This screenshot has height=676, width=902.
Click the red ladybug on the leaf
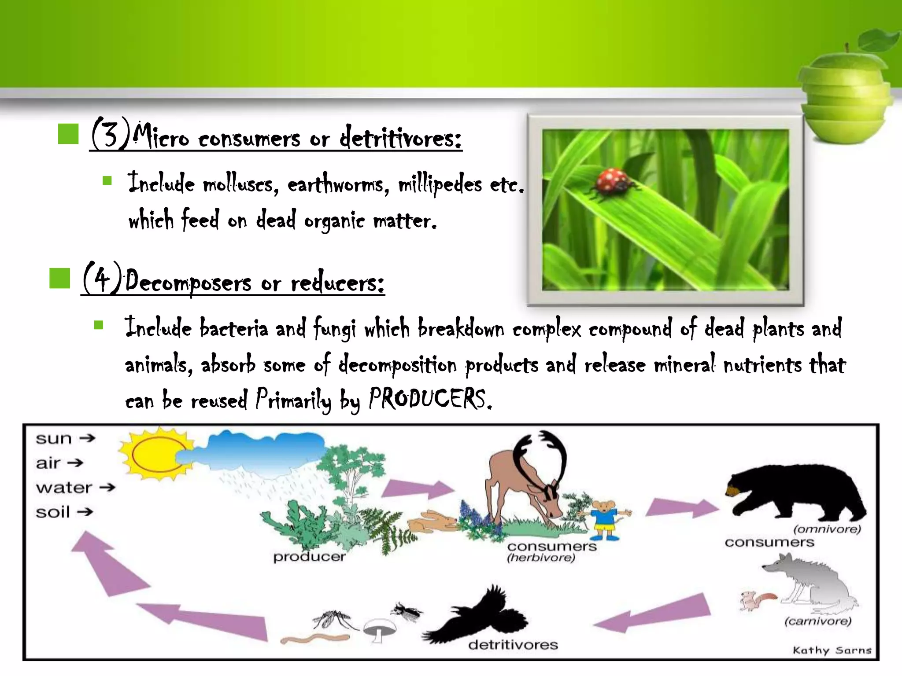pos(612,182)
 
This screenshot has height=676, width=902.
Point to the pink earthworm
pos(315,638)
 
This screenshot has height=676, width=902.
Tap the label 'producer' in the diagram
pos(309,557)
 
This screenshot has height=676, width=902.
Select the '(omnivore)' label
pos(827,529)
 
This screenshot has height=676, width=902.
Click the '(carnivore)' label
pos(818,621)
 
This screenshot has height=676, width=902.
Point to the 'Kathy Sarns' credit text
pos(832,650)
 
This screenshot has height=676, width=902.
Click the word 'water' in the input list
pos(64,488)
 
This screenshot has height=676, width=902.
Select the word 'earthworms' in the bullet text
pos(338,184)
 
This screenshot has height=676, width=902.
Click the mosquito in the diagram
pos(333,618)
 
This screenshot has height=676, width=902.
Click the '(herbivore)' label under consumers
pos(541,558)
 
